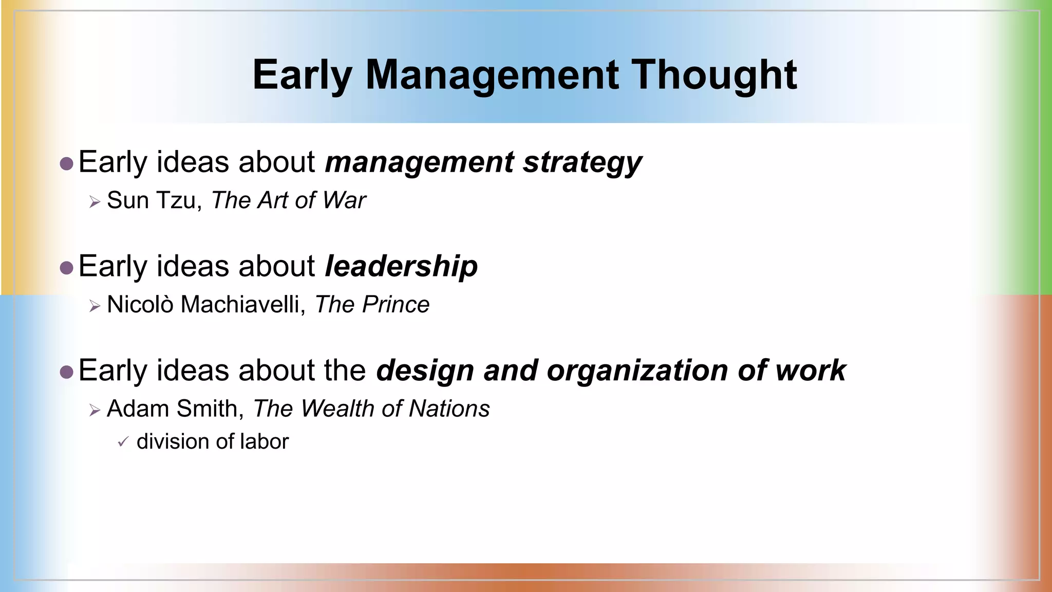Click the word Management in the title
(x=492, y=75)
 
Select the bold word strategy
(x=582, y=162)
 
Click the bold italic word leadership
(x=401, y=266)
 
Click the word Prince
(x=396, y=304)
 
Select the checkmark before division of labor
(x=122, y=441)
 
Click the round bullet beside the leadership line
(x=66, y=268)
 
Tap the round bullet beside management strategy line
(x=66, y=164)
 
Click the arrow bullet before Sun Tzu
(x=94, y=202)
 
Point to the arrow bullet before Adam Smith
(x=94, y=410)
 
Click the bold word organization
(x=637, y=371)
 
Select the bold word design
(x=425, y=371)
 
